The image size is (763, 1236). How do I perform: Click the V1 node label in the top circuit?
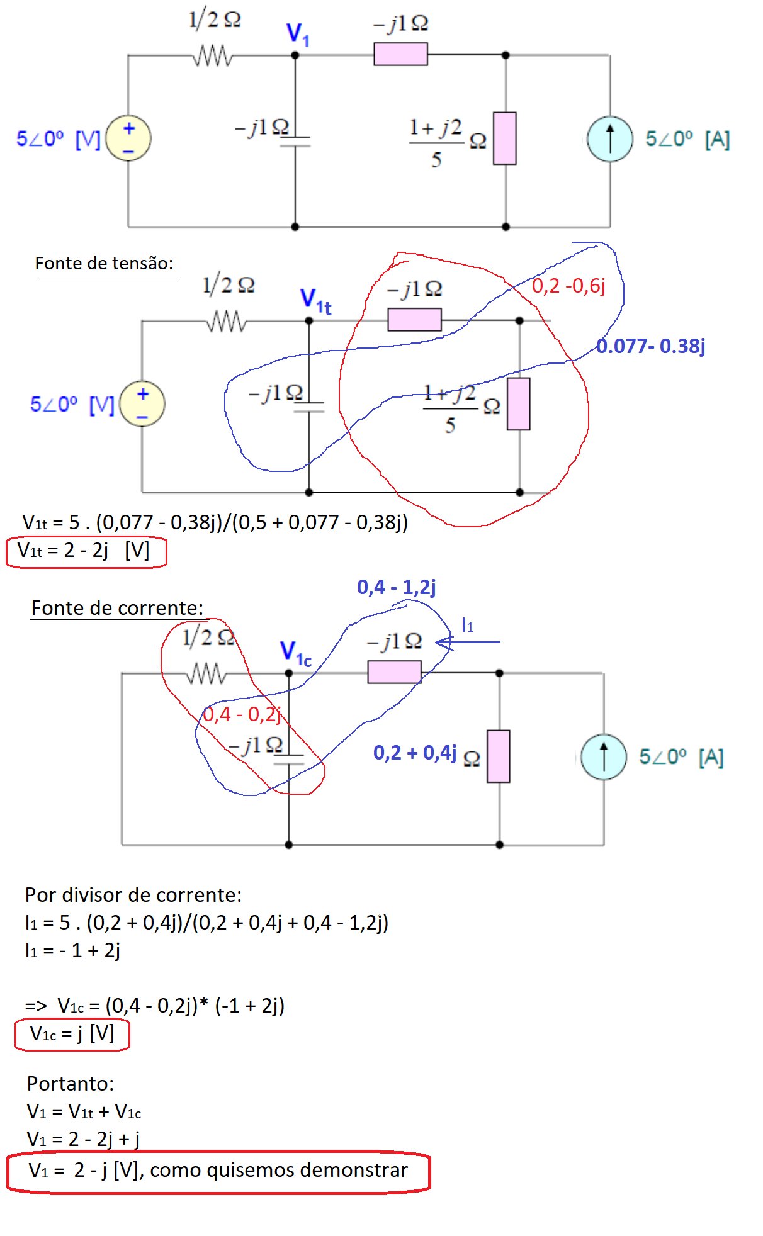pos(297,34)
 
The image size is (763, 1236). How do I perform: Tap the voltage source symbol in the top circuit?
pos(128,138)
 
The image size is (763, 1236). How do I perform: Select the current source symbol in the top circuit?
pos(609,139)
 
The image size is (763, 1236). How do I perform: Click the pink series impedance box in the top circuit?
pos(400,54)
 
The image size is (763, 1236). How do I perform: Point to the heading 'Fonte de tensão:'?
pos(104,263)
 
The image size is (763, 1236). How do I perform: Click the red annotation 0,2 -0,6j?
pos(568,286)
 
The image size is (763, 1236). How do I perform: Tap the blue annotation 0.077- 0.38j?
pos(650,346)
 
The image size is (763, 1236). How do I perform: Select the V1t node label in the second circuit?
pos(315,300)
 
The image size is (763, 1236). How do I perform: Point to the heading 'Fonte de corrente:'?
pos(117,608)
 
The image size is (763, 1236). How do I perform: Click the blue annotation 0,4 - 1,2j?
pos(396,587)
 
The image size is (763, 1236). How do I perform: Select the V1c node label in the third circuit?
pos(295,653)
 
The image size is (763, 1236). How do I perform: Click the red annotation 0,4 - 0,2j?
pos(242,714)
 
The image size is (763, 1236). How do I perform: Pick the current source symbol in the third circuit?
pos(603,757)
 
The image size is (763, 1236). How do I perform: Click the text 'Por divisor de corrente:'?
pos(133,895)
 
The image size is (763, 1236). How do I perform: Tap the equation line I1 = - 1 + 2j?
pos(72,950)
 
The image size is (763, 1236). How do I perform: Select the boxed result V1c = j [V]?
pos(72,1034)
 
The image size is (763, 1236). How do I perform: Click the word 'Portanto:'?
pos(71,1084)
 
